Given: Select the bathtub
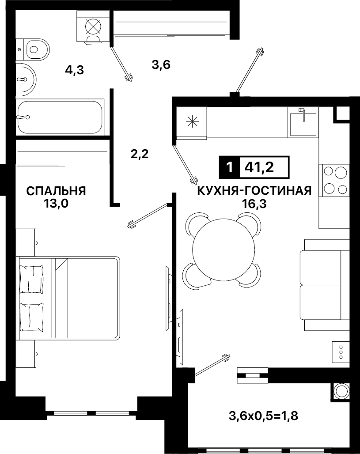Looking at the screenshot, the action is (x=60, y=117).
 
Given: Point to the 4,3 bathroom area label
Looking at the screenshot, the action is (x=75, y=70).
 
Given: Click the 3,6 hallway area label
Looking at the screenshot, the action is (x=161, y=64).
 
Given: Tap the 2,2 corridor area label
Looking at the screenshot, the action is (x=140, y=154).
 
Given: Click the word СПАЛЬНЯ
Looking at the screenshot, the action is (x=56, y=191).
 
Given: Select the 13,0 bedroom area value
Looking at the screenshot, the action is (x=56, y=204).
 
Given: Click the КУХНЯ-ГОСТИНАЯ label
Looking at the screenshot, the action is (x=254, y=191).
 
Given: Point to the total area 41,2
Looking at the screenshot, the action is (x=259, y=167).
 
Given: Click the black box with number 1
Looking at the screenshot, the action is (x=230, y=167).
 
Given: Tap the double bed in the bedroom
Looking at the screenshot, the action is (x=68, y=298).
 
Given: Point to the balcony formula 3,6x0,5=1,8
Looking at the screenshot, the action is (x=264, y=416).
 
